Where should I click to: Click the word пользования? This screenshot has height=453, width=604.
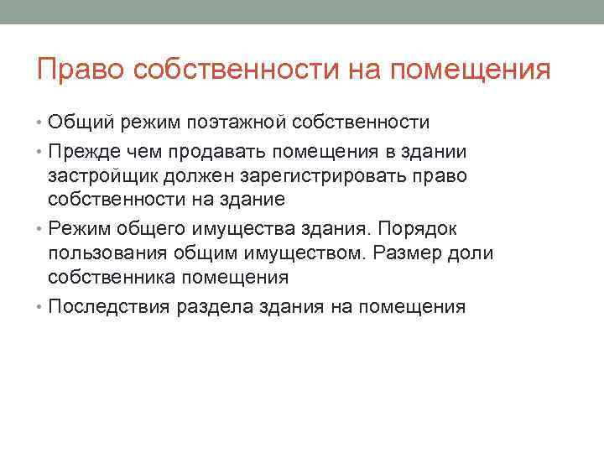pyautogui.click(x=107, y=254)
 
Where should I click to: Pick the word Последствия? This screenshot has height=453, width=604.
pyautogui.click(x=110, y=306)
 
